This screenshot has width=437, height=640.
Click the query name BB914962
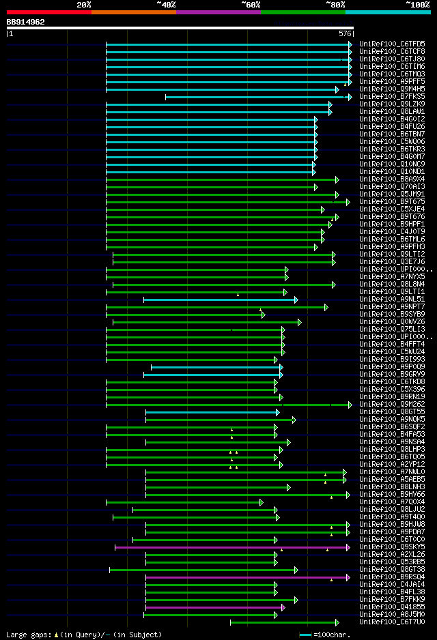pyautogui.click(x=26, y=22)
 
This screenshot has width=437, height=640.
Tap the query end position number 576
pyautogui.click(x=345, y=33)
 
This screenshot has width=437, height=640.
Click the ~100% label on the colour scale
pyautogui.click(x=418, y=4)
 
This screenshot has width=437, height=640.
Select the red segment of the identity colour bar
pyautogui.click(x=48, y=12)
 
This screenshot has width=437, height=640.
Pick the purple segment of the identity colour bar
pyautogui.click(x=218, y=12)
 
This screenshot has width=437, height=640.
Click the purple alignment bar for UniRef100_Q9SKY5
pyautogui.click(x=232, y=547)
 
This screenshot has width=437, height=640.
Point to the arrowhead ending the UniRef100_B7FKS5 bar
pyautogui.click(x=350, y=97)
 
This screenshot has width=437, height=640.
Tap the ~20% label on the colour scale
pyautogui.click(x=83, y=4)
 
